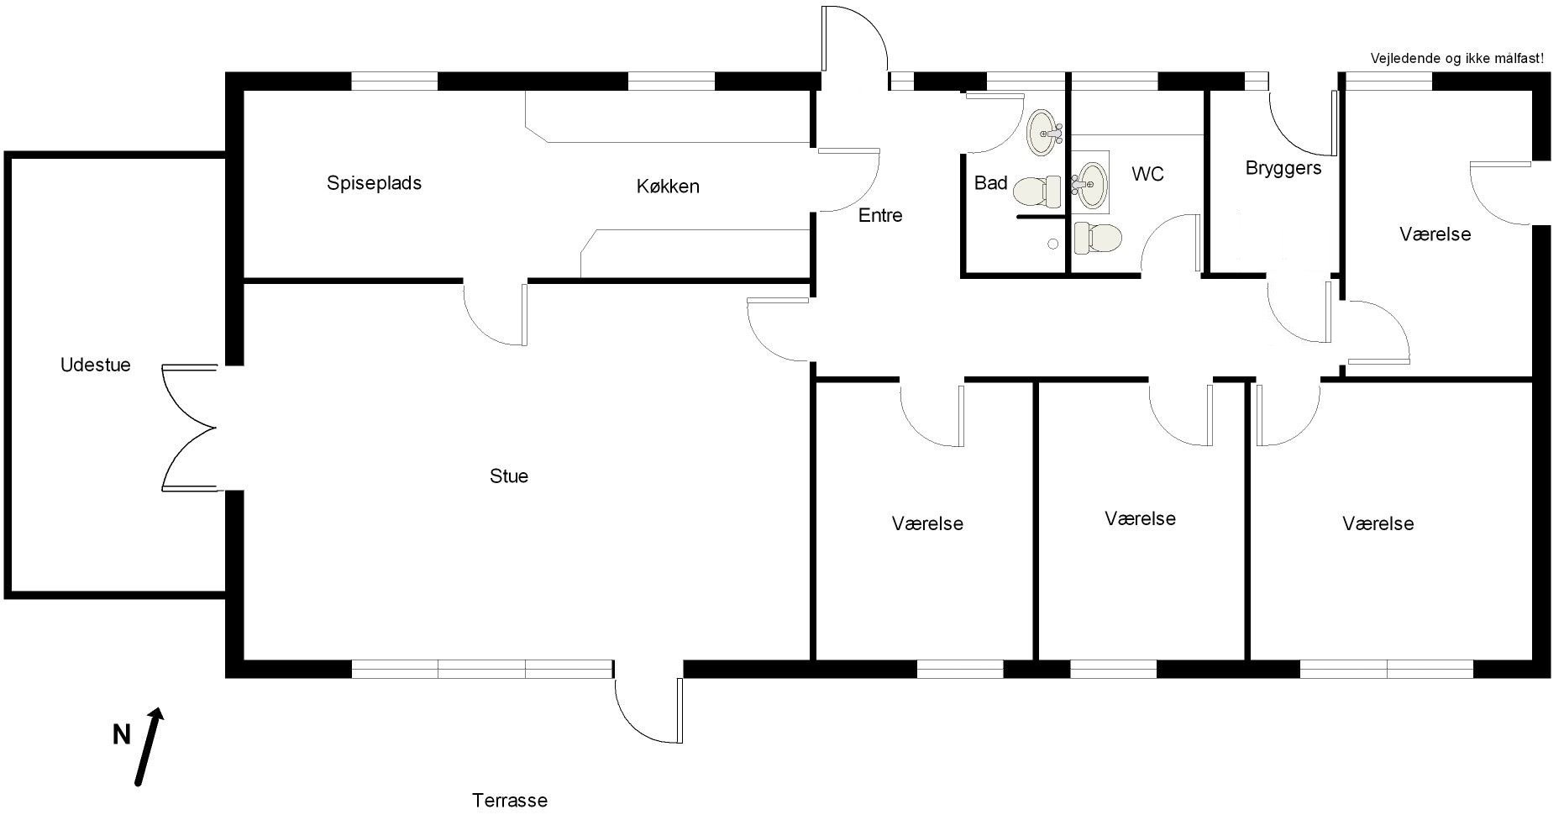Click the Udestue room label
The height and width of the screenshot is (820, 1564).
96,365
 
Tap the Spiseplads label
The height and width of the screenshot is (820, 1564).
374,183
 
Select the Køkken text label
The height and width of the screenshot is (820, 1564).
668,187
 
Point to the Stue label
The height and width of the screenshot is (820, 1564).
509,476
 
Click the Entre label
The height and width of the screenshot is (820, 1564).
880,216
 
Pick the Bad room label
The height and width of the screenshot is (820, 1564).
991,183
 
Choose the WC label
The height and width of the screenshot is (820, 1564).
1147,174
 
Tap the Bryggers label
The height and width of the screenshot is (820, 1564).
1283,169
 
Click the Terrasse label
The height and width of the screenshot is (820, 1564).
510,801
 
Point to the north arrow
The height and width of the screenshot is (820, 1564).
149,747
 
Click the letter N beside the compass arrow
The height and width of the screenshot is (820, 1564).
122,735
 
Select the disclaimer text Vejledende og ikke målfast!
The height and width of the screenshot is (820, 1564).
1457,59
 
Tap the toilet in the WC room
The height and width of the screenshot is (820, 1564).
1098,238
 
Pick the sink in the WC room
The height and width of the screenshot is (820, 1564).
1090,183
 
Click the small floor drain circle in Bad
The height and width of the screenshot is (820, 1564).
1052,244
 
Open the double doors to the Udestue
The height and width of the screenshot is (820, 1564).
190,428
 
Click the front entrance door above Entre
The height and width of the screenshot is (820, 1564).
855,39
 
